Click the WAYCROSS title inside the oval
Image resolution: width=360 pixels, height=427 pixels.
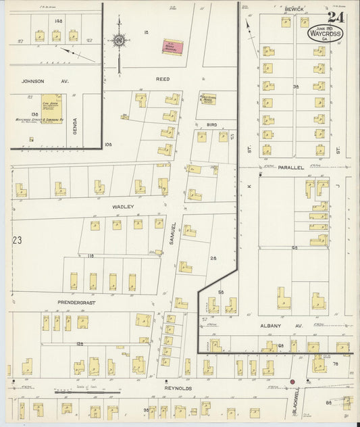tap(326, 32)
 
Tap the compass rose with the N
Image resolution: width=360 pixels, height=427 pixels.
tap(120, 41)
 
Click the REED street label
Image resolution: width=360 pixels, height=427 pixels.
tap(163, 79)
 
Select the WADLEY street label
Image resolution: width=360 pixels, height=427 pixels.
tap(124, 207)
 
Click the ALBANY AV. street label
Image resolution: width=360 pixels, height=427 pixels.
tap(279, 325)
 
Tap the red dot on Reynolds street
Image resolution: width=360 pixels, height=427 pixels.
tap(292, 382)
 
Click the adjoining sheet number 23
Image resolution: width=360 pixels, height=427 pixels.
tap(17, 240)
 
